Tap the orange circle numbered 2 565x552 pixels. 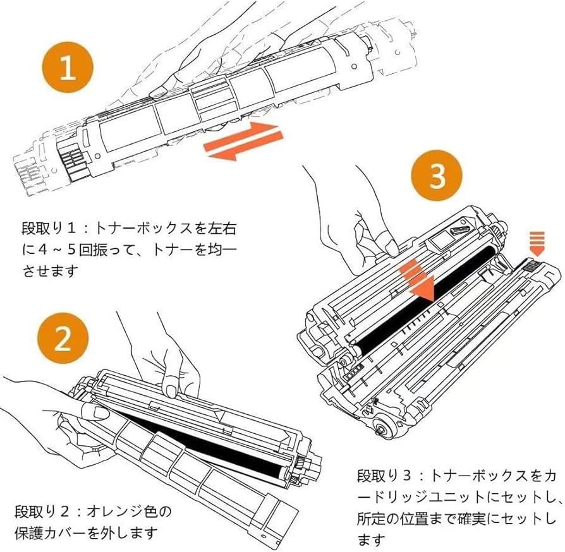tap(63, 340)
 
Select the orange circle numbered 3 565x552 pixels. tap(438, 177)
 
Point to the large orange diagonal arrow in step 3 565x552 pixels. tap(419, 277)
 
